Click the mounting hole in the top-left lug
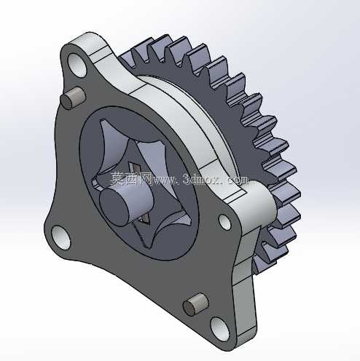coord(77,66)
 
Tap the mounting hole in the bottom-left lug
coord(61,238)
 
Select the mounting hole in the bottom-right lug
coord(219,329)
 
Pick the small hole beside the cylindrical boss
coord(225,222)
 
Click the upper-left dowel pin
coord(72,98)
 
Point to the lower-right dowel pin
coord(195,304)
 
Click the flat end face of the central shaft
coord(113,207)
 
